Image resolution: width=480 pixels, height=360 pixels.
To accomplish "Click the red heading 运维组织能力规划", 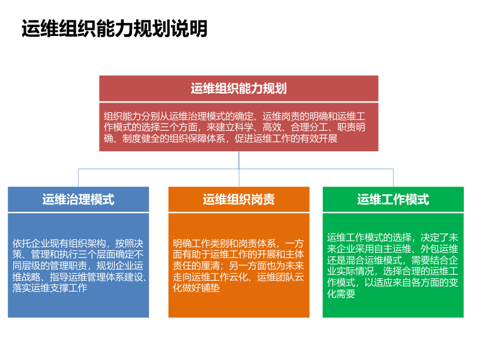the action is coord(239,89).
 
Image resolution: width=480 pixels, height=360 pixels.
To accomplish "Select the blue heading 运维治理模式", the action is coord(78,199).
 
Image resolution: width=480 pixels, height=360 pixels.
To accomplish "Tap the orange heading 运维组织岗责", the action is coord(239,199).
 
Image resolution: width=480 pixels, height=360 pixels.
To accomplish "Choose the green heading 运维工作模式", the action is coord(393,199).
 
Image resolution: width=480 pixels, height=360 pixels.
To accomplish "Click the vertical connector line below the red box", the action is coord(239,160).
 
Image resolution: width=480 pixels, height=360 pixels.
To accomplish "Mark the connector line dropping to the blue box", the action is coord(78,178).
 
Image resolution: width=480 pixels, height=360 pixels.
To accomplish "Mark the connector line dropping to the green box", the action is coord(393,178).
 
